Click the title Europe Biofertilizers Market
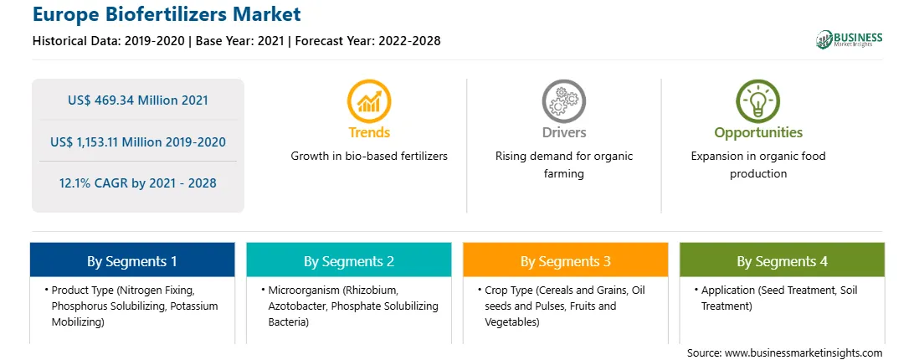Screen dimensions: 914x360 [x=167, y=14]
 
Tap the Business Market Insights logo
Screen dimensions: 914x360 [x=849, y=39]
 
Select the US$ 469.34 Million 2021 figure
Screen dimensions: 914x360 [x=137, y=100]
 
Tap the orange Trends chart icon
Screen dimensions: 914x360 [x=369, y=101]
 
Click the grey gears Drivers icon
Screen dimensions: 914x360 [x=563, y=101]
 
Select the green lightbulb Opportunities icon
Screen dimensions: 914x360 [x=757, y=101]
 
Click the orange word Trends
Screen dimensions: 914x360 [x=369, y=132]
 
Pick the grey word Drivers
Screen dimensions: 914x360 [x=563, y=132]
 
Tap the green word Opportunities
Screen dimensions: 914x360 [x=758, y=133]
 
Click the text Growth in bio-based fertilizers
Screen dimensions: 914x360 [x=369, y=157]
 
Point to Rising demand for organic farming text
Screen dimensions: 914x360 [x=563, y=165]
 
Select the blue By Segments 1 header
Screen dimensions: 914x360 [x=132, y=260]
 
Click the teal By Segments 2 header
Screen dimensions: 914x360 [x=348, y=260]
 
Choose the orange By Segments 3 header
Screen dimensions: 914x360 [x=566, y=260]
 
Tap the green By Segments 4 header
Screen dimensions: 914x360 [x=783, y=260]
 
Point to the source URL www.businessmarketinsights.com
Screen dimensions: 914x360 [x=804, y=352]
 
